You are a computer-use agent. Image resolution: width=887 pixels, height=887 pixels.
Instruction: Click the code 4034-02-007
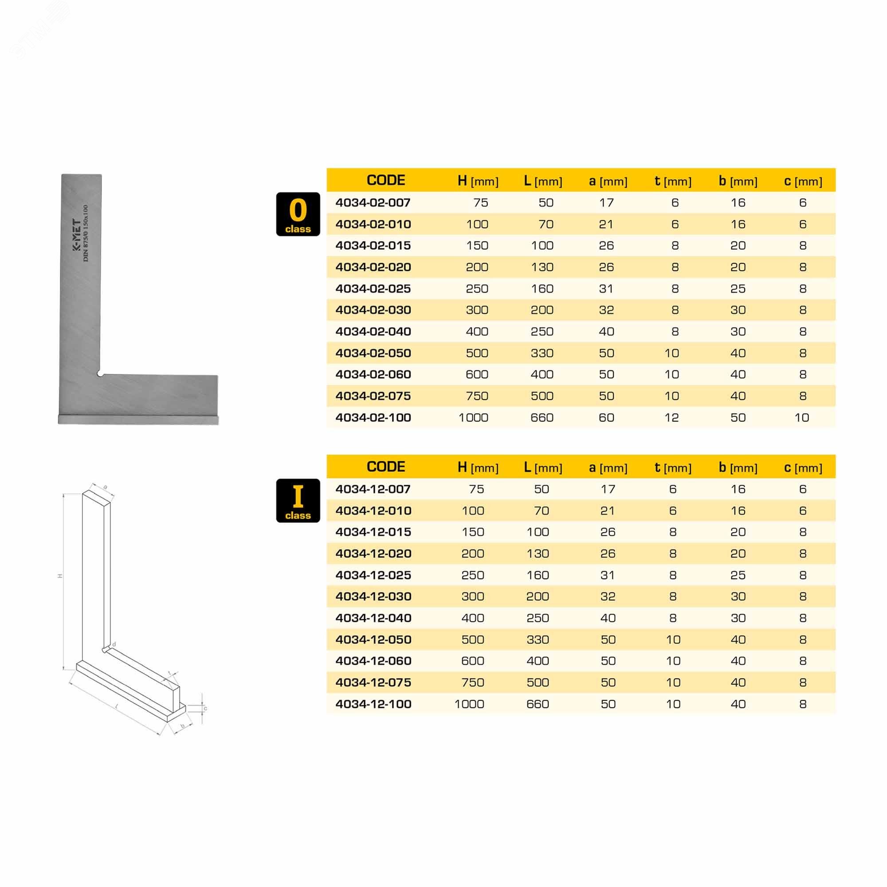point(373,203)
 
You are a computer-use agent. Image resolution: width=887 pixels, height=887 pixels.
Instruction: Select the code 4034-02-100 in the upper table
point(373,417)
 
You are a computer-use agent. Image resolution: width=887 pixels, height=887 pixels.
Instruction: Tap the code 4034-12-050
point(373,640)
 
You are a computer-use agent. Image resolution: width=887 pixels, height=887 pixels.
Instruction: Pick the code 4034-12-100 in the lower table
point(373,704)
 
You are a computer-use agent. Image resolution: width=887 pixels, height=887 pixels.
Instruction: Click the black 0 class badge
point(298,214)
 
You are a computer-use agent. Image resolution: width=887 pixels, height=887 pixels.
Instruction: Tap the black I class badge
point(298,500)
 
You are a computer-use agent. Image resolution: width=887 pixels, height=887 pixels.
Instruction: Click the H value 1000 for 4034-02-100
point(473,417)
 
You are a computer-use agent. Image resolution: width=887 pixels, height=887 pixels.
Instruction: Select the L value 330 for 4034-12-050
point(538,640)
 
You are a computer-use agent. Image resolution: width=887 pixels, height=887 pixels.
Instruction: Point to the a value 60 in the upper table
point(606,417)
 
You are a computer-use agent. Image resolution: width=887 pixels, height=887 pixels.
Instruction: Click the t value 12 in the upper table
point(671,417)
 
